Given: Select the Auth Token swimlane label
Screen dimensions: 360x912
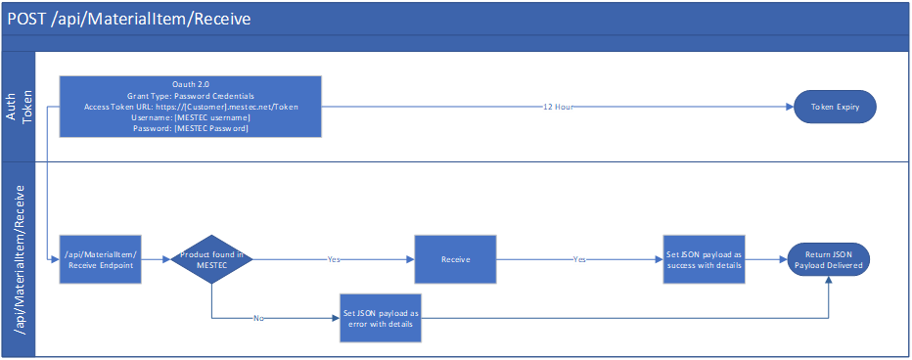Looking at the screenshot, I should point(19,107).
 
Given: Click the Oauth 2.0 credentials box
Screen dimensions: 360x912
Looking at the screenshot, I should point(191,107).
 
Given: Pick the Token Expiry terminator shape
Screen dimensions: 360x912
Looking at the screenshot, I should point(835,107).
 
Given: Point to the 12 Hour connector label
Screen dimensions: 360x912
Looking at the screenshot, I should point(558,107).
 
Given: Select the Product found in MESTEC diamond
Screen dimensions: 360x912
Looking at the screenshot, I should point(211,259).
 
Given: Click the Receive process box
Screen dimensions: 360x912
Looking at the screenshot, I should point(455,259).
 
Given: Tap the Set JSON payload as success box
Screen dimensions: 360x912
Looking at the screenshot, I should point(704,259).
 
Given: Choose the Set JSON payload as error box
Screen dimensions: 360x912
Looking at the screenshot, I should point(382,317).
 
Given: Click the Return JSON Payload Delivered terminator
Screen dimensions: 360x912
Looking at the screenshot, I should point(829,259).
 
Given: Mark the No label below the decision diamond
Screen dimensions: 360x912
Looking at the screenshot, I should point(257,318).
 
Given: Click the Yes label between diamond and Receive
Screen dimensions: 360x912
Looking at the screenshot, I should point(335,260).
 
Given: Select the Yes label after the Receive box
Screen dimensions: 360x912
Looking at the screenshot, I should point(581,260).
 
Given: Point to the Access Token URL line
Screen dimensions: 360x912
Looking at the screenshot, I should point(191,107).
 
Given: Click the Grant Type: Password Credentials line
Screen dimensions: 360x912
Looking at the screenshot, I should point(191,96).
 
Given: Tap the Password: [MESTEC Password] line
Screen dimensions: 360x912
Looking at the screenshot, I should point(191,128).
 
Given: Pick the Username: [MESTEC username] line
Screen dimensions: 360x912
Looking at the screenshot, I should point(191,117).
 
